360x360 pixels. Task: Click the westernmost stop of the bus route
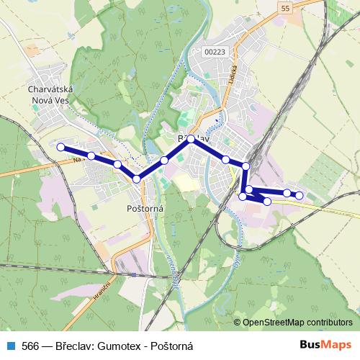60,147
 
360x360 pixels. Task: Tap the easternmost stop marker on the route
300,195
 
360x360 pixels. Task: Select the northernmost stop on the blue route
192,140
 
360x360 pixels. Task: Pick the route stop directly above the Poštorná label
136,179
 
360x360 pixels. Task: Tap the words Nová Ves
47,101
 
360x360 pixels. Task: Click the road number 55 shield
286,8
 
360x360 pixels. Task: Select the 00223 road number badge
215,51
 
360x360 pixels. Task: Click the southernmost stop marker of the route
267,202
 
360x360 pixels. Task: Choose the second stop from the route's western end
91,156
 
